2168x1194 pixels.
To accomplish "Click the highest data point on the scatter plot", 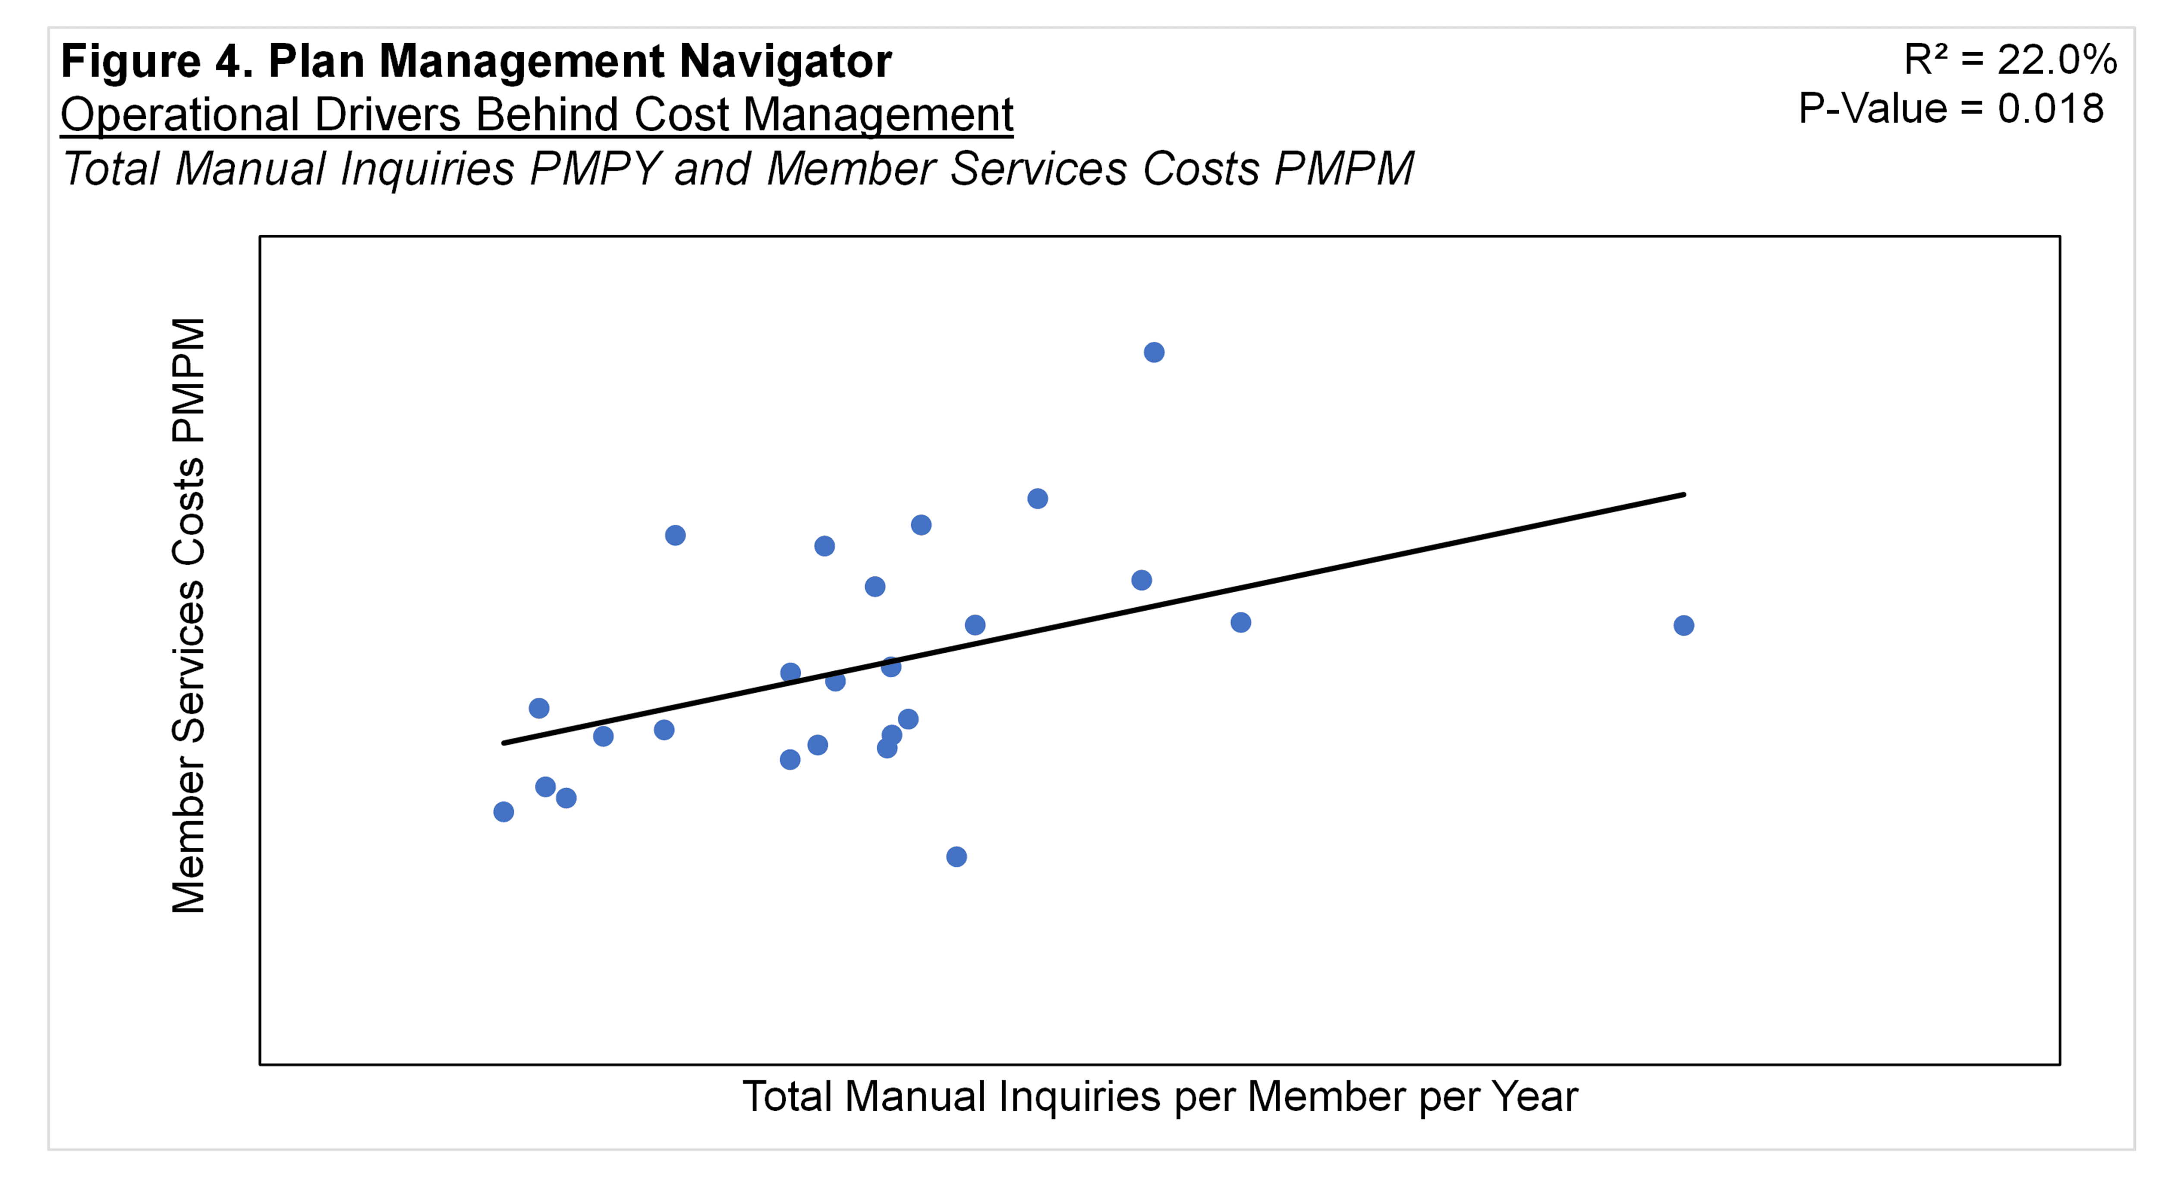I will [x=1154, y=352].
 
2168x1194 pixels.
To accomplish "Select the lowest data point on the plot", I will [x=956, y=856].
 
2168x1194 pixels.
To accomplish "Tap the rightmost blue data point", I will [x=1683, y=625].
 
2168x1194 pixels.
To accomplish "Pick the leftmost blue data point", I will [x=503, y=812].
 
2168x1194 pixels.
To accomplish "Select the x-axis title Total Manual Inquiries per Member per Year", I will [x=1160, y=1096].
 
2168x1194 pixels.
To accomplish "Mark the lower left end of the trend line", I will [x=503, y=742].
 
